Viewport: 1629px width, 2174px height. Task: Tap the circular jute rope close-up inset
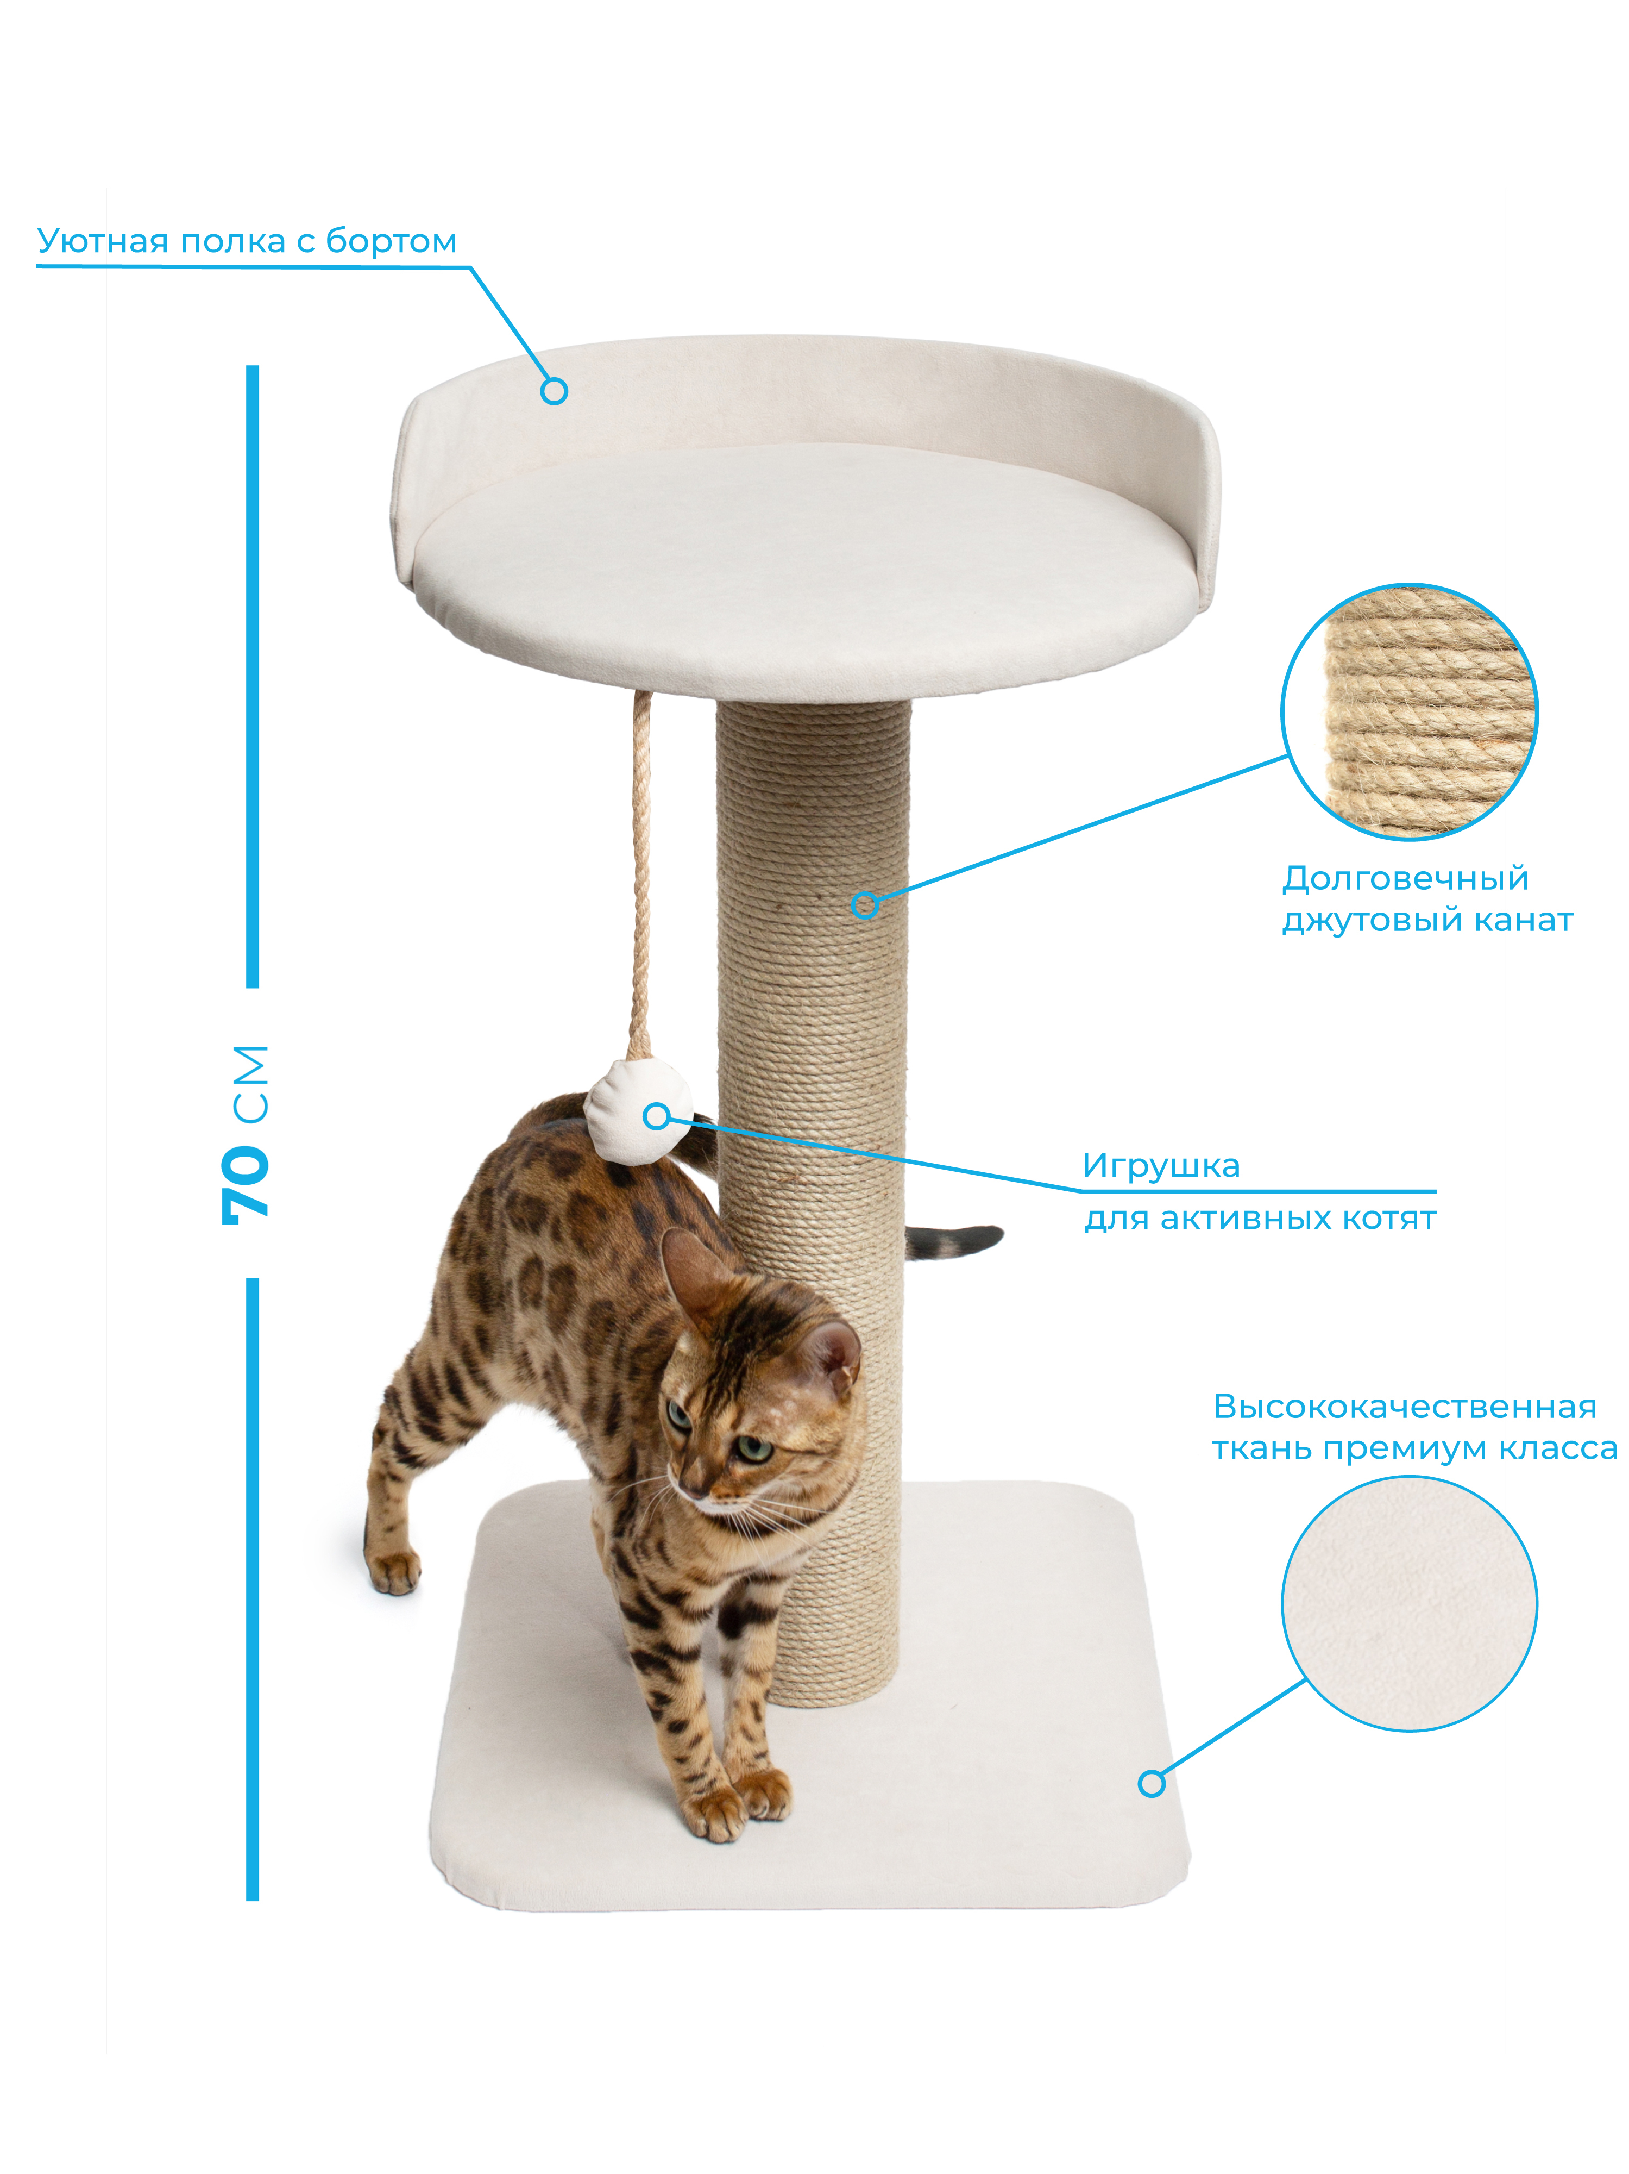point(1409,711)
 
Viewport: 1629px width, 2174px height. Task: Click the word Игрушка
point(1160,1166)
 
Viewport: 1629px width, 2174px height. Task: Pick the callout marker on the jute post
point(865,905)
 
